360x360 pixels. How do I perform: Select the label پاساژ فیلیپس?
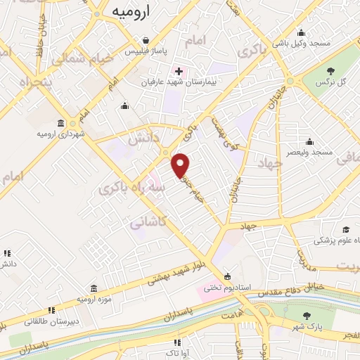(145, 52)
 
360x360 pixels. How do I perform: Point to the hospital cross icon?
(179, 71)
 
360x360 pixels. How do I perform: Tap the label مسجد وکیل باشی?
(301, 44)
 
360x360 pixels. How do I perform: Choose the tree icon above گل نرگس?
(330, 70)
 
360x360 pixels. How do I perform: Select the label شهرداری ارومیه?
(62, 133)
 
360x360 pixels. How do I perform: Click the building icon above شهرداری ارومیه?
(62, 122)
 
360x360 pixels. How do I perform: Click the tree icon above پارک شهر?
(306, 316)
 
